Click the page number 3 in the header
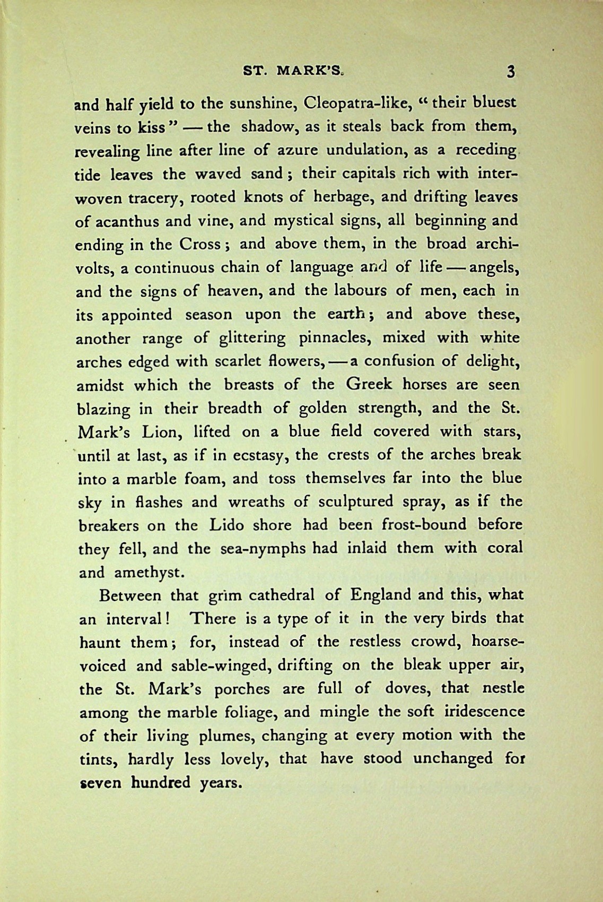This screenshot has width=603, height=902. click(x=511, y=72)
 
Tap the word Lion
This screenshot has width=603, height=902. click(x=162, y=432)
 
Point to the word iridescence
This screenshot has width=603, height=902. click(x=479, y=712)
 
